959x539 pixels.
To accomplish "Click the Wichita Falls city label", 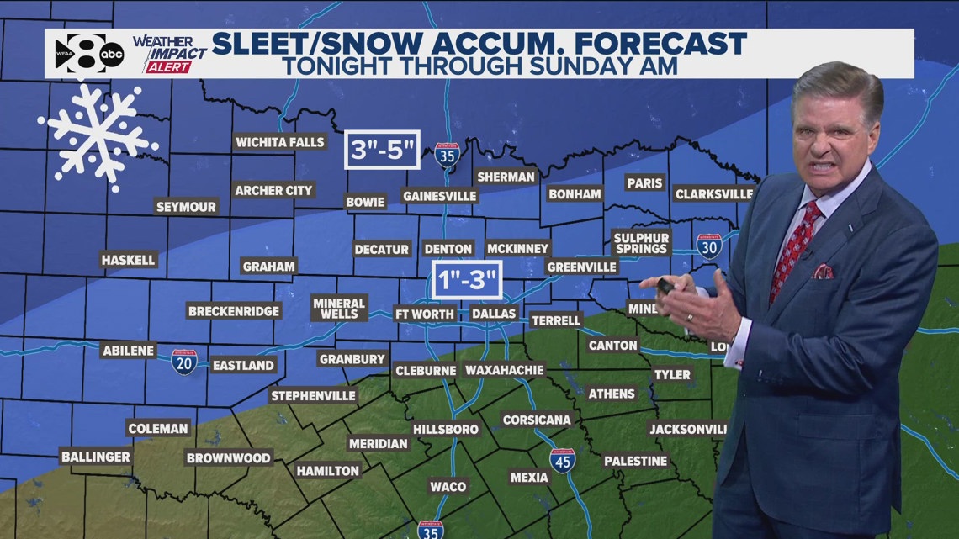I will click(x=279, y=142).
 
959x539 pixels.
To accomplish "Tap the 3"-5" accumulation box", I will click(x=382, y=151).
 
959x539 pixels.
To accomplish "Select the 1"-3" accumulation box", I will click(x=467, y=279).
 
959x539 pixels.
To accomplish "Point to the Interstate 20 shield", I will click(x=184, y=362).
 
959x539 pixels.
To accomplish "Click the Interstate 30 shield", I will click(x=708, y=246).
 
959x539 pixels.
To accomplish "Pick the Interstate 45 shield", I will click(x=562, y=460).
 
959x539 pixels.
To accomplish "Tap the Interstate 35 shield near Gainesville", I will click(x=447, y=155).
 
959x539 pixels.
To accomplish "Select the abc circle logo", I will click(x=111, y=54).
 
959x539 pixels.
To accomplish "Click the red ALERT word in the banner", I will click(x=168, y=67).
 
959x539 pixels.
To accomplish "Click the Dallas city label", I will click(x=493, y=314).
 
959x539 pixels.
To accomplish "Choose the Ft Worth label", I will click(x=425, y=314).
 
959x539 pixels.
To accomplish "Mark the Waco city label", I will click(x=448, y=487).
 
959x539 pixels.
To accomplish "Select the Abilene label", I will click(x=128, y=350).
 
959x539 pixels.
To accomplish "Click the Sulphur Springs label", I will click(x=641, y=243).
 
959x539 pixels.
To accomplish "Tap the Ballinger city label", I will click(x=96, y=457).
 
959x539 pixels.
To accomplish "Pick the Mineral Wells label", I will click(x=339, y=308).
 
